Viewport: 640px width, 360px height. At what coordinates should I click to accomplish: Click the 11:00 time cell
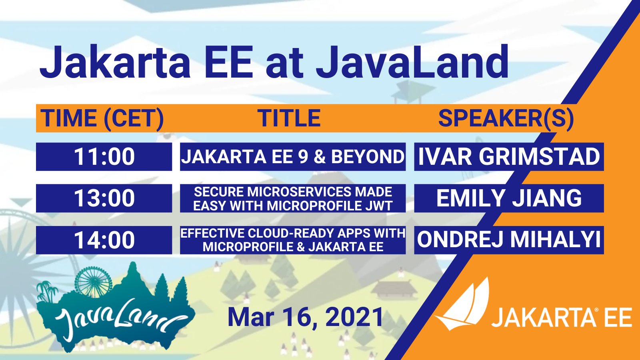point(104,156)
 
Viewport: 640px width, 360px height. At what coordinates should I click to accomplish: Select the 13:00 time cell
point(104,198)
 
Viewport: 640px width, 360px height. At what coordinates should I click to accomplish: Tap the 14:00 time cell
point(104,240)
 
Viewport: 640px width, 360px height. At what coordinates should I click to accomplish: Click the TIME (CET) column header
point(102,118)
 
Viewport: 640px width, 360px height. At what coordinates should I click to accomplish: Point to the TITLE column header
point(289,118)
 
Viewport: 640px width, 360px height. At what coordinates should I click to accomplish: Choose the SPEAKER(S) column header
point(506,118)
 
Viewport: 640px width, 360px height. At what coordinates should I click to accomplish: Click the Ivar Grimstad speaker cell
point(509,156)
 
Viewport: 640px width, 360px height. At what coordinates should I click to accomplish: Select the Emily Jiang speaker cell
point(509,198)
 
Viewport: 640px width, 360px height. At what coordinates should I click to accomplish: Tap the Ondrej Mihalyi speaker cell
point(509,240)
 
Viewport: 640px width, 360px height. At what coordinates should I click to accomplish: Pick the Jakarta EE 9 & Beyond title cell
point(293,156)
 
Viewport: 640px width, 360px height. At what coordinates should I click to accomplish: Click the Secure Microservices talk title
point(293,198)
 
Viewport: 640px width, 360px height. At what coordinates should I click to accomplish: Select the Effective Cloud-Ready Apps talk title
point(293,240)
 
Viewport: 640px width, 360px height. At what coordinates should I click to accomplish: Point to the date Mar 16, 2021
point(305,317)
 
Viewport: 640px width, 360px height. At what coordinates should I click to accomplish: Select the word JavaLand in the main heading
point(412,62)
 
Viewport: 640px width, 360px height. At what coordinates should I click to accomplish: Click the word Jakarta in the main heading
point(116,62)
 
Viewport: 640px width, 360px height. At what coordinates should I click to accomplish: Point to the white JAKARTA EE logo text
point(562,317)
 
